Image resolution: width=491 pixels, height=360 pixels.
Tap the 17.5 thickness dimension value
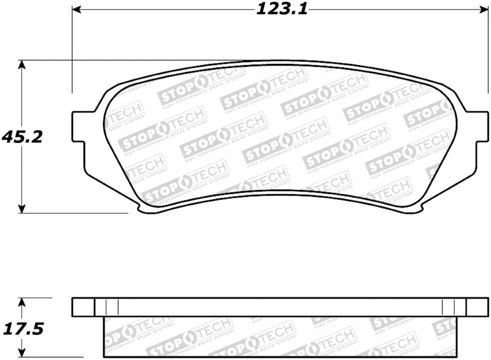click(x=22, y=329)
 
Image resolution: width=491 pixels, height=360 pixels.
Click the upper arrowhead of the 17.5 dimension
click(x=22, y=302)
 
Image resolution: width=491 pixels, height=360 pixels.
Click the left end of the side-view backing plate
click(x=83, y=307)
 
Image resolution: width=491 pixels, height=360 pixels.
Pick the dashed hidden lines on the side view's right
click(x=447, y=307)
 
